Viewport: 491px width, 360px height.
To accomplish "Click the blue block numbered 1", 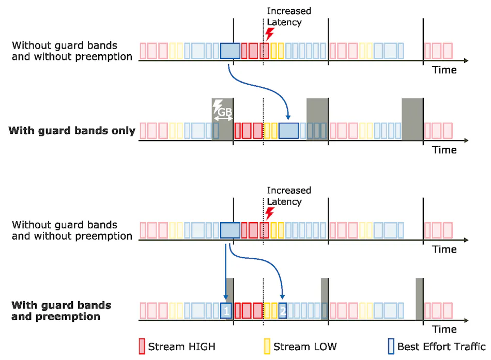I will [226, 310].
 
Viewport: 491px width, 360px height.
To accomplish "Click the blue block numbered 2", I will [283, 310].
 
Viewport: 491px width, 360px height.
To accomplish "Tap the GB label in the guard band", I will [224, 112].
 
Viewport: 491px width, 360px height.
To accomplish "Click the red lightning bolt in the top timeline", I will [269, 34].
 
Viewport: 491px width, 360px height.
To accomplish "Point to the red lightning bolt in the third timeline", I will [269, 213].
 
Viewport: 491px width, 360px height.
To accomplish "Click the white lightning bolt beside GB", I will [217, 106].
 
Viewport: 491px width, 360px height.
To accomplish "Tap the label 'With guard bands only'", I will [72, 131].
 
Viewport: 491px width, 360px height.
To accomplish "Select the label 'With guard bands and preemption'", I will [61, 310].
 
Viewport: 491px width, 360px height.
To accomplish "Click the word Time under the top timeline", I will [444, 70].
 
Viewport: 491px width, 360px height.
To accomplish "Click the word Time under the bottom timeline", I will [444, 329].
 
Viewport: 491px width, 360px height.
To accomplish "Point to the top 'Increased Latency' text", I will [289, 17].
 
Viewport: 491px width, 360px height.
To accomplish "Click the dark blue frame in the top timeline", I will [230, 51].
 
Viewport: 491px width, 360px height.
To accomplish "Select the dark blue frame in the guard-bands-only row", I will [288, 131].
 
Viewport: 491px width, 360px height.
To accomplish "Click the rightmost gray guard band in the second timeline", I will [412, 118].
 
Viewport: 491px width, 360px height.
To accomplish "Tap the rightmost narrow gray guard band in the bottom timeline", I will [420, 299].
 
